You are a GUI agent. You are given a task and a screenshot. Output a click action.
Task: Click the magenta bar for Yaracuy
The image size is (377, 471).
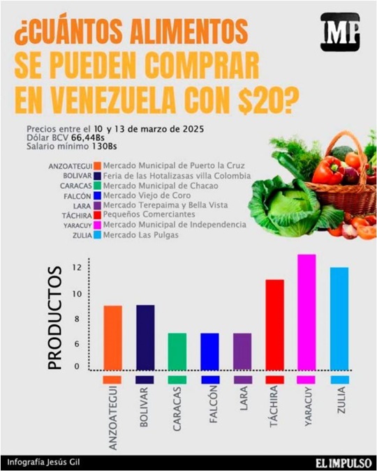tap(306, 312)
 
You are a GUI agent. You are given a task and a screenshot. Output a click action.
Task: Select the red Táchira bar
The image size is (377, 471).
tap(274, 324)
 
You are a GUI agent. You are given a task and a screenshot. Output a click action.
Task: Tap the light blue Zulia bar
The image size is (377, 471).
tap(339, 318)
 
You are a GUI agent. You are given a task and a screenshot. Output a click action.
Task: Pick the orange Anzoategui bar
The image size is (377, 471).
tap(112, 338)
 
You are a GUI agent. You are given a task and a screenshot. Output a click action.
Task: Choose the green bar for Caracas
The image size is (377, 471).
tap(177, 352)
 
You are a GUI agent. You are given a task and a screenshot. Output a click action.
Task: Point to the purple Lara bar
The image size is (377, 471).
tap(242, 352)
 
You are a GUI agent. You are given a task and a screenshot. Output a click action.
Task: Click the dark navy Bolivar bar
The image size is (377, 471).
tap(145, 338)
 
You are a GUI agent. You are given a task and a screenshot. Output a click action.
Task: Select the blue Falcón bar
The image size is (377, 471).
tap(209, 352)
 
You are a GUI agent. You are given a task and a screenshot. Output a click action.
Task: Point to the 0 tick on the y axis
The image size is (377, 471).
tap(77, 365)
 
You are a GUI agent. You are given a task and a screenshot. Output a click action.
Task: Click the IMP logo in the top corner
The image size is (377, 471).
tap(340, 31)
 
